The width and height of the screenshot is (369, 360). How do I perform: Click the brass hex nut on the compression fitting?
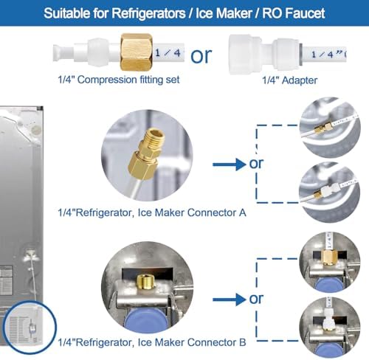click(x=137, y=52)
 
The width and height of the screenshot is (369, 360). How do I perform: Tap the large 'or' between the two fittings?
click(x=201, y=56)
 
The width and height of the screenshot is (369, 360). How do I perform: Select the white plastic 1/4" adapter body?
click(x=263, y=55)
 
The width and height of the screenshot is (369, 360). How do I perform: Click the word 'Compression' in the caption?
click(x=107, y=80)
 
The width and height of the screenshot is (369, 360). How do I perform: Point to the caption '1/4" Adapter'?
click(x=289, y=80)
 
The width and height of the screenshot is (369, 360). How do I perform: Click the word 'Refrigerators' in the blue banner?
click(x=148, y=13)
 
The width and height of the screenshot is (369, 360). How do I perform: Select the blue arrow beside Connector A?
click(x=229, y=165)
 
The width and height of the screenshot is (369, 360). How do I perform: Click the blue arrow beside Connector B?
click(x=229, y=300)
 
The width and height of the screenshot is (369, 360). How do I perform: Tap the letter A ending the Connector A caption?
click(x=242, y=212)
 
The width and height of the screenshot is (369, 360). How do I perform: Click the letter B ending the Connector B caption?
click(x=243, y=342)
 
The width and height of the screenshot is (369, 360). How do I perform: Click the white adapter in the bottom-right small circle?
click(x=328, y=319)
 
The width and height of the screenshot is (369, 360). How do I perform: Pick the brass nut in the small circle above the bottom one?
click(x=330, y=257)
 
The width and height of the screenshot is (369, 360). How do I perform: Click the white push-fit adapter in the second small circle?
click(x=330, y=190)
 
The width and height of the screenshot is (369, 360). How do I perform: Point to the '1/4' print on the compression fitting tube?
click(x=168, y=52)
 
